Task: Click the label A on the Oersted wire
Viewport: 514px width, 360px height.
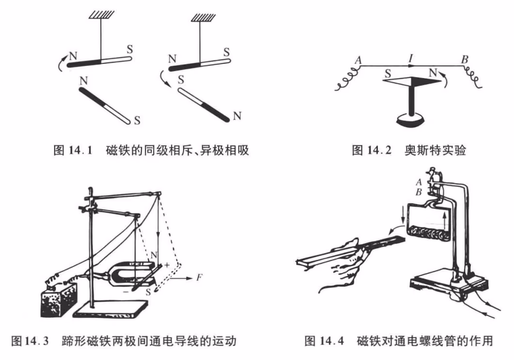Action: coord(358,60)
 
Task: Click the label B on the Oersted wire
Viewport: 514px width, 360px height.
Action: coord(465,60)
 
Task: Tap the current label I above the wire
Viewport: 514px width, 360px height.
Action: coord(410,59)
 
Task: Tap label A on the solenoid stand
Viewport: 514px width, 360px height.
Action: coord(419,182)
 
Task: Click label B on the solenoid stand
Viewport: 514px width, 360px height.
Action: coord(419,192)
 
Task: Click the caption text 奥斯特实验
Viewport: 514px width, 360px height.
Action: coord(435,150)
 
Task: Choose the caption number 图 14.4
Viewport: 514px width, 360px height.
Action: coord(324,341)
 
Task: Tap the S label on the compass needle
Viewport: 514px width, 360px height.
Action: coord(388,74)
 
